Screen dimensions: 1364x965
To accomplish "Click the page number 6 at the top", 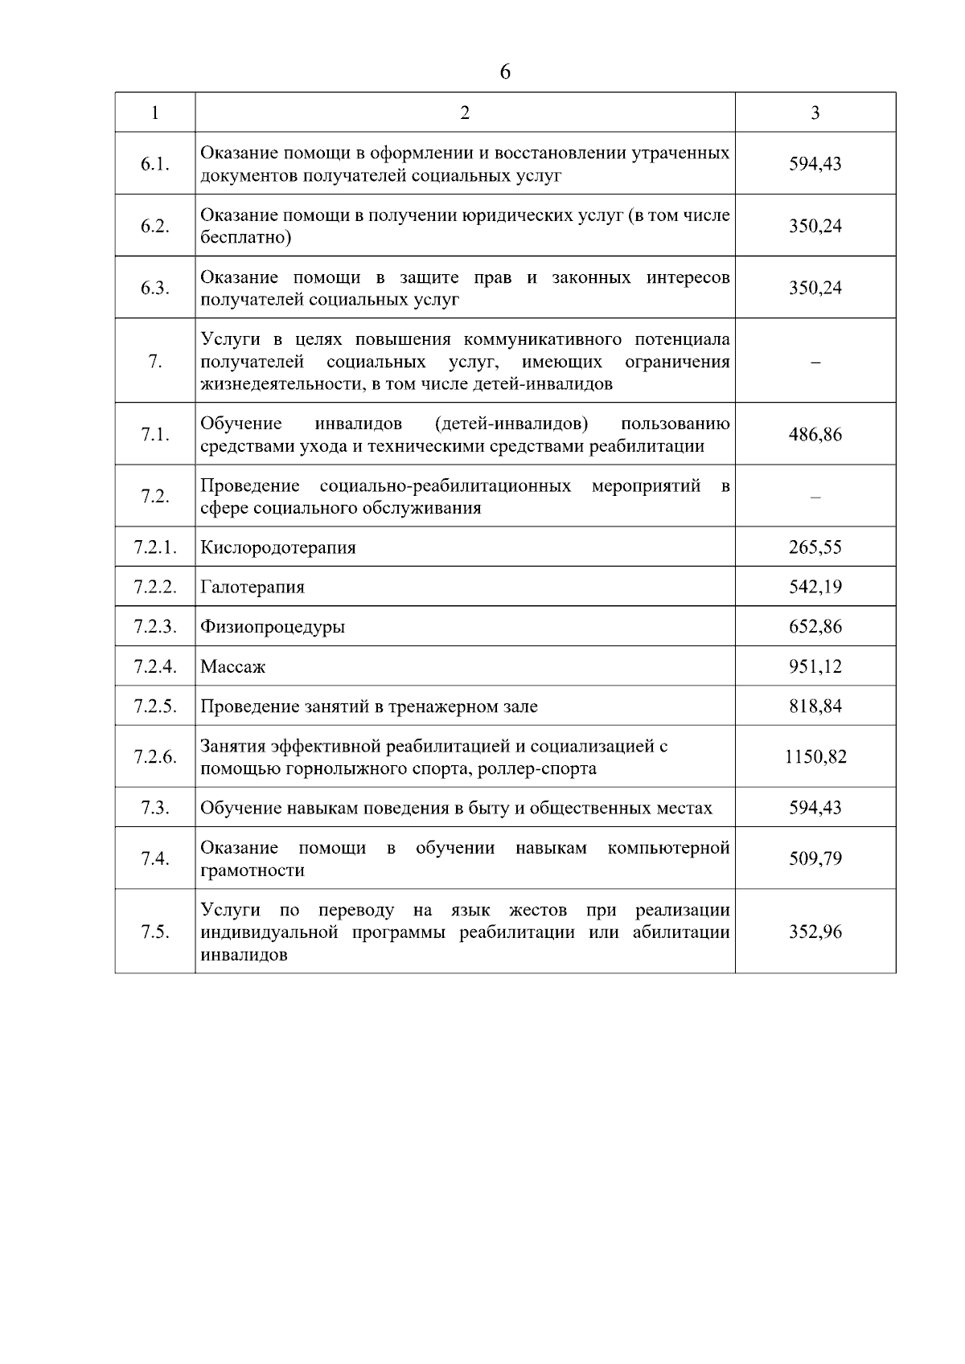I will point(504,73).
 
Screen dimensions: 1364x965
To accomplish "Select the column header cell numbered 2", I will point(465,113).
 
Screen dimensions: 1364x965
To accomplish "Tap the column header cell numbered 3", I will point(815,113).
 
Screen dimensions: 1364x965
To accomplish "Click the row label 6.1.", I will point(154,164).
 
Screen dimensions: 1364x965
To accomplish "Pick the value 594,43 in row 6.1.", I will point(815,164).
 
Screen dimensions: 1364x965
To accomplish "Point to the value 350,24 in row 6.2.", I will point(815,226).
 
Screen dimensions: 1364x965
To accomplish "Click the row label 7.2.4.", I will point(154,666).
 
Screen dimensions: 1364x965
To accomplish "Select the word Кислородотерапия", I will point(277,547).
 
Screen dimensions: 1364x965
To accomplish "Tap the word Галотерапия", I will point(253,587).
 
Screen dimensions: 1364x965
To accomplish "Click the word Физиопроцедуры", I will point(273,627).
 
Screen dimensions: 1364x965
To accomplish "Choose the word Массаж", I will point(232,666).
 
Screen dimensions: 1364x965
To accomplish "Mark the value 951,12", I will point(815,666).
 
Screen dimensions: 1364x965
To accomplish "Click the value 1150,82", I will point(815,756).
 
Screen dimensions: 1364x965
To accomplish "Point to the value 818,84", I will point(815,707).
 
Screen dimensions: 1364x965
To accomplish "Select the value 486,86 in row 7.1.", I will point(815,435).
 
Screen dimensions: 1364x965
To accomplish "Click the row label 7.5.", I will point(154,932).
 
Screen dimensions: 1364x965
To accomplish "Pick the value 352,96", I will point(815,932).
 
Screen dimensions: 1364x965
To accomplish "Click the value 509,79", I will point(815,858).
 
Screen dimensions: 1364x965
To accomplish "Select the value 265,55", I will point(815,547).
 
